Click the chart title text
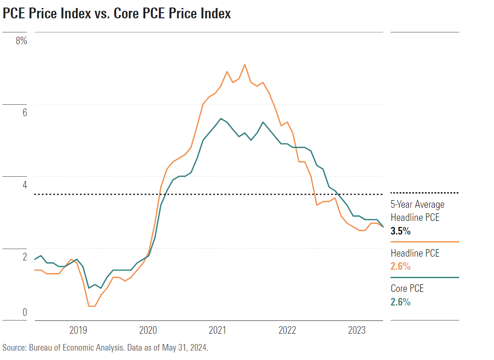pyautogui.click(x=117, y=14)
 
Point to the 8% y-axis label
pyautogui.click(x=22, y=41)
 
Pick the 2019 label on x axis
pyautogui.click(x=78, y=330)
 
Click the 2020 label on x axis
pyautogui.click(x=148, y=330)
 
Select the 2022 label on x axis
pyautogui.click(x=287, y=330)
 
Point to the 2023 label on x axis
pyautogui.click(x=357, y=330)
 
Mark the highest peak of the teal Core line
pyautogui.click(x=221, y=118)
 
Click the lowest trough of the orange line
pyautogui.click(x=92, y=306)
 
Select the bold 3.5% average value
pyautogui.click(x=400, y=231)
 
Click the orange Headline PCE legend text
pyautogui.click(x=415, y=253)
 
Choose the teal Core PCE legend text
pyautogui.click(x=407, y=289)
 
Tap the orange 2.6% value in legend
pyautogui.click(x=400, y=266)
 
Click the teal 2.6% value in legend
pyautogui.click(x=400, y=302)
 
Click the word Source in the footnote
pyautogui.click(x=14, y=348)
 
